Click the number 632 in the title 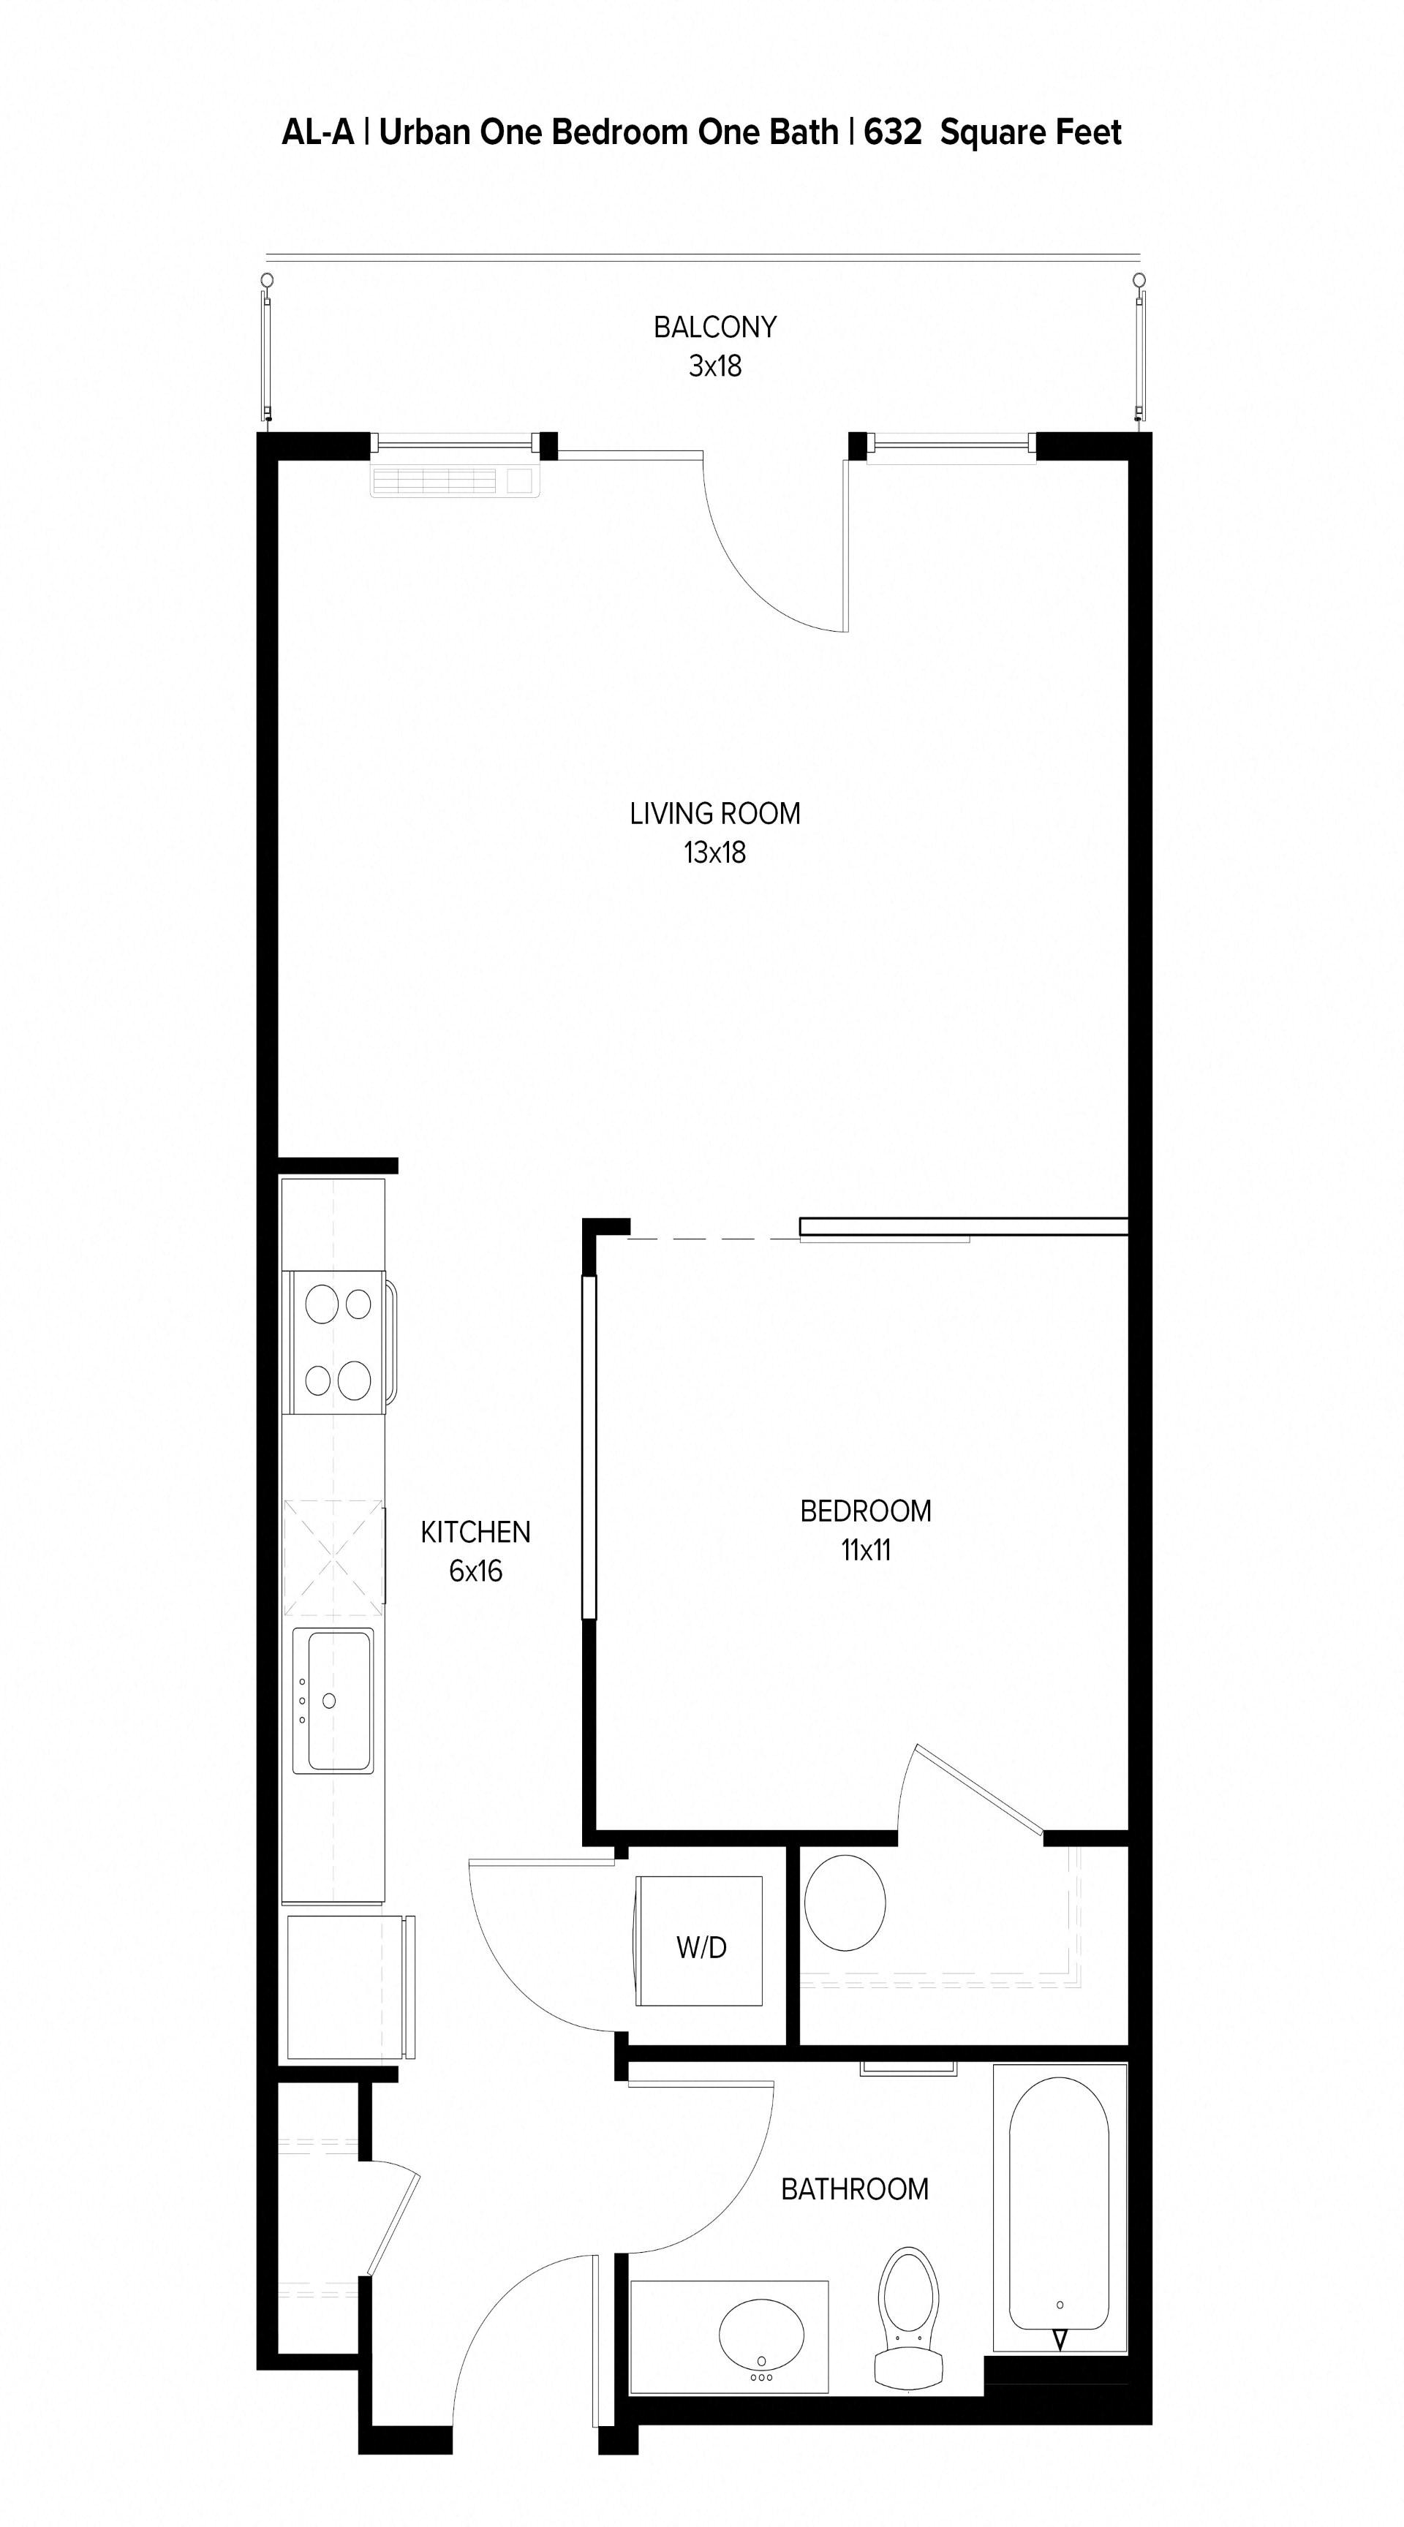(892, 132)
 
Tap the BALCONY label (714, 327)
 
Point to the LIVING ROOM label (714, 813)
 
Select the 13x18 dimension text (714, 853)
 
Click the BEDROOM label (865, 1511)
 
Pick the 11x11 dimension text (865, 1550)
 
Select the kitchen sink (333, 1700)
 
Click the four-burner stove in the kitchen (336, 1341)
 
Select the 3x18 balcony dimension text (714, 366)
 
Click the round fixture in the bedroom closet (845, 1902)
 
